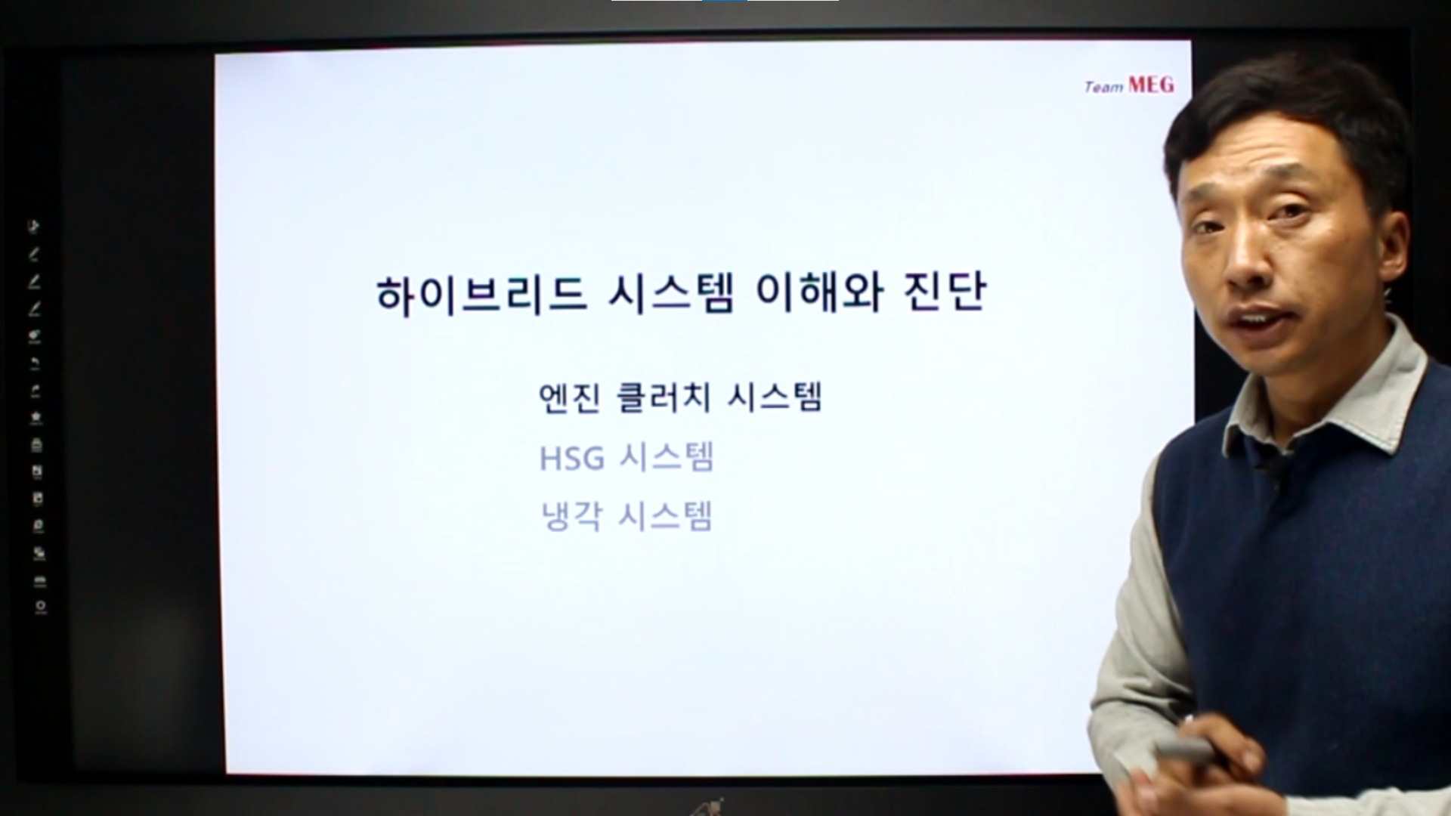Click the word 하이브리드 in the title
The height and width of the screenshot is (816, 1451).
(x=481, y=294)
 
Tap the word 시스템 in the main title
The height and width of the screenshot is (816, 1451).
(x=671, y=294)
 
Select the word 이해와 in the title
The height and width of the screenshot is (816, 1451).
(x=819, y=294)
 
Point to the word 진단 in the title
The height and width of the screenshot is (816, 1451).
(x=945, y=294)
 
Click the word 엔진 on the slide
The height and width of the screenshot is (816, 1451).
(x=569, y=397)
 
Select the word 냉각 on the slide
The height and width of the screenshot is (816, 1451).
(x=572, y=517)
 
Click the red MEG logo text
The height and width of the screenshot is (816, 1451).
(x=1151, y=85)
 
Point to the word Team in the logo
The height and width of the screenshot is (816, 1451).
(x=1104, y=88)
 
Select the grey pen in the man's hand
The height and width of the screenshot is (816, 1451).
(x=1183, y=750)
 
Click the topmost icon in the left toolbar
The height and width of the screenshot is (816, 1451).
(x=34, y=226)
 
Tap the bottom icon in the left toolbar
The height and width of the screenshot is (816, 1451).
(x=40, y=607)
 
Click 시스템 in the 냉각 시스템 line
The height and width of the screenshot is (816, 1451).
(x=665, y=517)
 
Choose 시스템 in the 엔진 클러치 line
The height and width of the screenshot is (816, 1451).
(x=775, y=397)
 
